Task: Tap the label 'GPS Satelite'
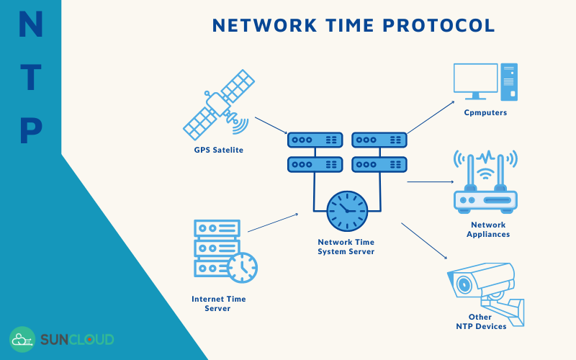tap(218, 150)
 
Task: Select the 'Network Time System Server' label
tap(346, 247)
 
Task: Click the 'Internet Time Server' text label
tap(218, 303)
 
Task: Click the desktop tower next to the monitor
tap(510, 81)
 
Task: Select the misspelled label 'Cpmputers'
tap(485, 113)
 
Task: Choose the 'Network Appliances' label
tap(487, 230)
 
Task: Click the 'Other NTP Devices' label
tap(480, 321)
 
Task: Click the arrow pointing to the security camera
tap(425, 241)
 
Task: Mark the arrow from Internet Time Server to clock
tap(273, 222)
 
